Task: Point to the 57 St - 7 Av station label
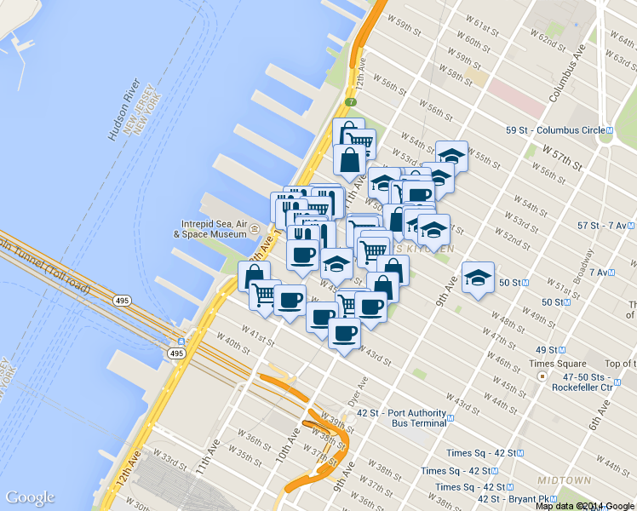click(605, 226)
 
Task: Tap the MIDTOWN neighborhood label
click(565, 480)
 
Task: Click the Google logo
click(30, 497)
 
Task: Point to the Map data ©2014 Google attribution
click(585, 506)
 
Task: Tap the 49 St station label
click(546, 350)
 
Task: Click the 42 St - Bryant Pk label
click(513, 499)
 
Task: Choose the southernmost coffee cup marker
click(344, 333)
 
